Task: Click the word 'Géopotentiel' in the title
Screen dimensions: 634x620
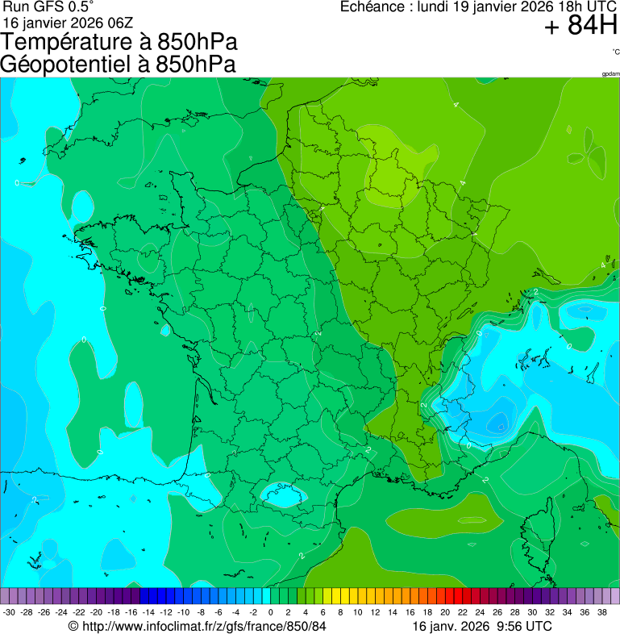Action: pyautogui.click(x=69, y=65)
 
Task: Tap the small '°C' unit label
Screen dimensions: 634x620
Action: pyautogui.click(x=615, y=52)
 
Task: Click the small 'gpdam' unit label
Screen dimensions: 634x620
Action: pyautogui.click(x=610, y=74)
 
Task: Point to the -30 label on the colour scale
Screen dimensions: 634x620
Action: pyautogui.click(x=9, y=612)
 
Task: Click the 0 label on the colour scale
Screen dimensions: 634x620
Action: pyautogui.click(x=271, y=612)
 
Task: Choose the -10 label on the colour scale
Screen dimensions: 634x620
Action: pyautogui.click(x=183, y=612)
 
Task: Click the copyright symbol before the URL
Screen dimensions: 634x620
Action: pyautogui.click(x=73, y=626)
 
